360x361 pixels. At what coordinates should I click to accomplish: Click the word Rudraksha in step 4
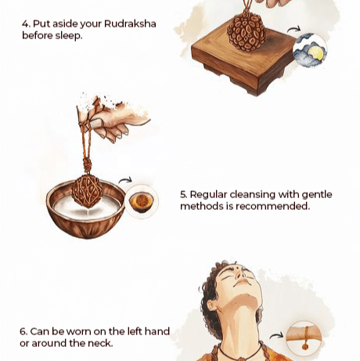coord(130,23)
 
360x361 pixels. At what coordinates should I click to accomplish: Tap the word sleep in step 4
coord(68,36)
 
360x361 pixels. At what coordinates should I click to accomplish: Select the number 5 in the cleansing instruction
coord(183,195)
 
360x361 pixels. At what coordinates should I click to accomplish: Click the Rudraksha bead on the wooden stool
coord(247,31)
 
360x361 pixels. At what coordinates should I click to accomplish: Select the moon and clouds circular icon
coord(310,49)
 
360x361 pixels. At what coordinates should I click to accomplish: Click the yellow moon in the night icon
coord(316,53)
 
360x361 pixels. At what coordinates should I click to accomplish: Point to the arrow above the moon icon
coord(294,29)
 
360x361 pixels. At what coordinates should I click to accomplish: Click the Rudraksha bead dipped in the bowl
coord(87,191)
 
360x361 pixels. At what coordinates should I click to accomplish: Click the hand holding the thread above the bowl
coord(112,119)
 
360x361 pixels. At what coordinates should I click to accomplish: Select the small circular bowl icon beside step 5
coord(142,201)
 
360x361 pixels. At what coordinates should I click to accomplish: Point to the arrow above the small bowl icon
coord(125,180)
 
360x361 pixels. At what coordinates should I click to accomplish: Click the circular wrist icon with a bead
coord(304,338)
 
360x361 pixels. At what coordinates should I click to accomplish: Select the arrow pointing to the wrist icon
coord(276,335)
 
